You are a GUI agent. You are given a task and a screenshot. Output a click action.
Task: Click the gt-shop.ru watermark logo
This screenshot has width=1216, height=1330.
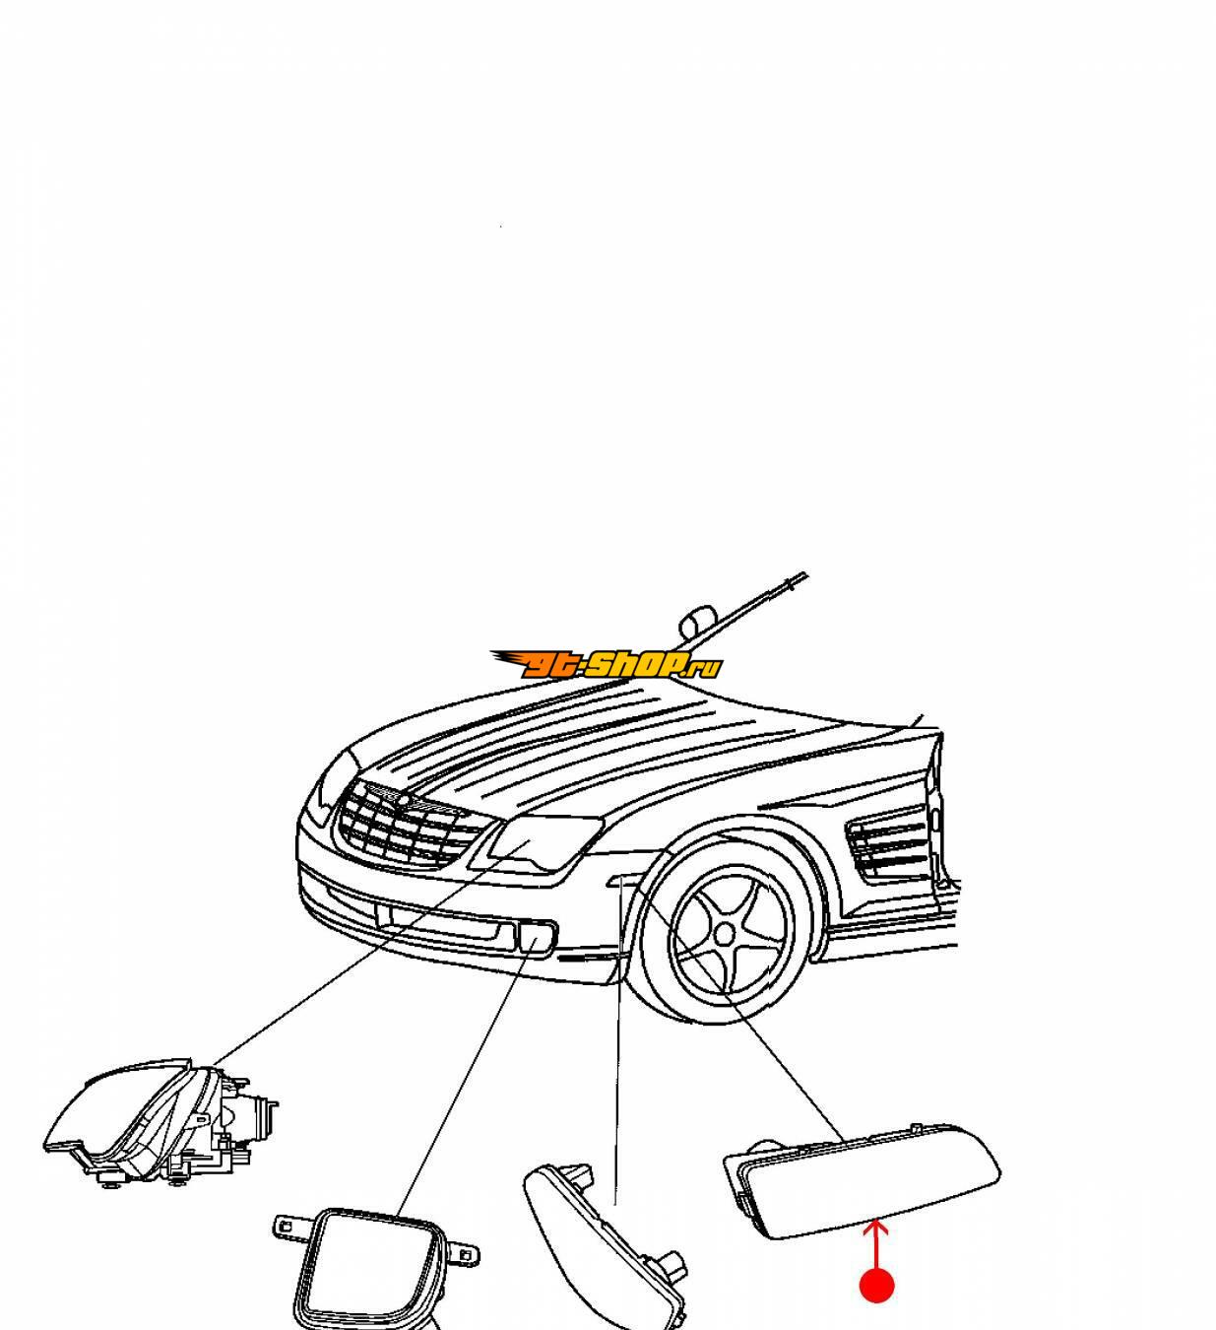pos(605,664)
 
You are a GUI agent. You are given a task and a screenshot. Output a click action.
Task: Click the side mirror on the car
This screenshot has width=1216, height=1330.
pos(697,622)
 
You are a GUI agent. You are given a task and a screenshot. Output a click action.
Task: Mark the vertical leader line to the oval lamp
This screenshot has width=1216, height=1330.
pos(617,1042)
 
